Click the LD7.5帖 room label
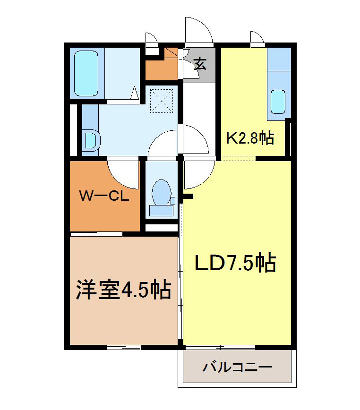click(x=235, y=263)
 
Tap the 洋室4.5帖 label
click(x=123, y=290)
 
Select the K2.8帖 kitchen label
click(x=250, y=138)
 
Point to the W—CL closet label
click(x=104, y=196)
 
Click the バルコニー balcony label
click(x=237, y=367)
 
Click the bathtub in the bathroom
click(x=87, y=74)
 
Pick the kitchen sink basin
click(x=278, y=101)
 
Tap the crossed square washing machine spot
click(x=162, y=100)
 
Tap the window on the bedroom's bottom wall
click(x=124, y=347)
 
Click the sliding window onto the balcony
click(x=220, y=347)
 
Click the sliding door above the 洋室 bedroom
click(x=96, y=233)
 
